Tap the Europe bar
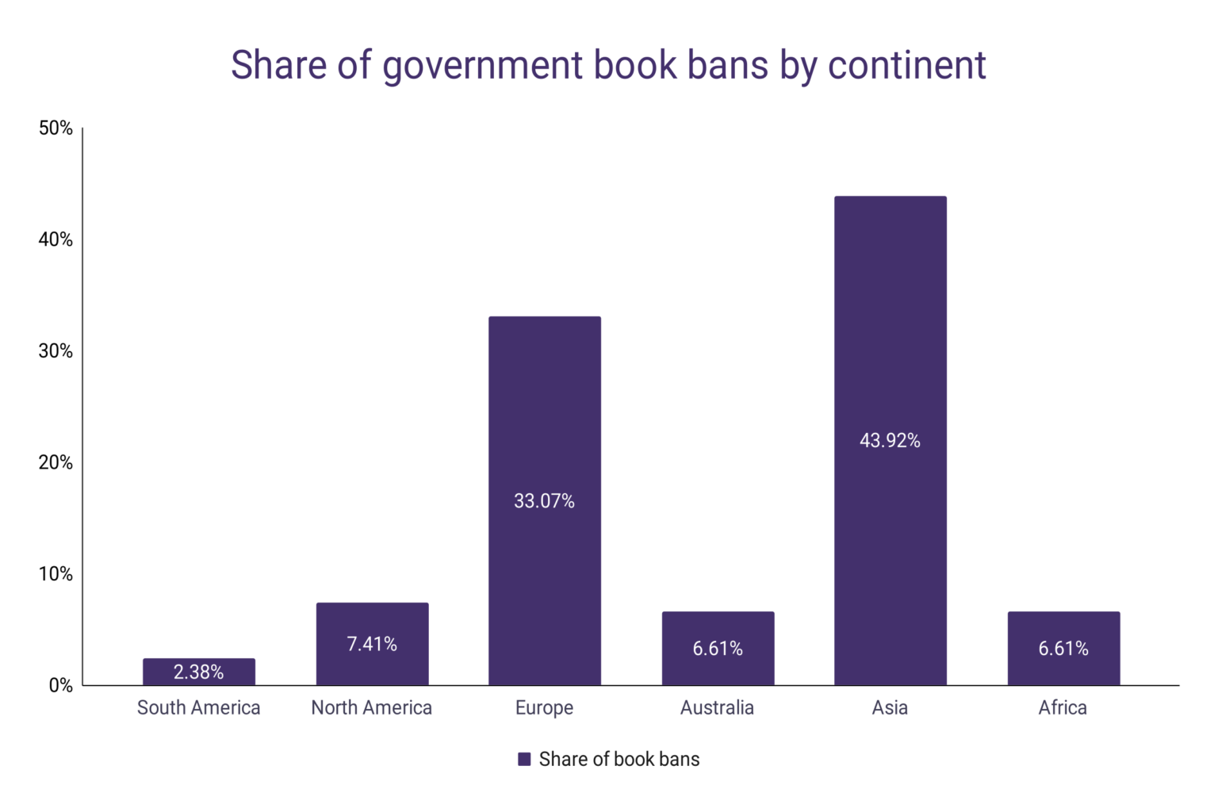(544, 412)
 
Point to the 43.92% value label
(890, 441)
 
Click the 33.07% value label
(544, 501)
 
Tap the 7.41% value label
(372, 644)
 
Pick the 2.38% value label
(198, 672)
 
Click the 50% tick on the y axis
(56, 128)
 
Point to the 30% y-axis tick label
(56, 351)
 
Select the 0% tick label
(60, 686)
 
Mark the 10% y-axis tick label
(56, 574)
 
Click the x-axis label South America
(198, 708)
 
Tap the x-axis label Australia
(717, 708)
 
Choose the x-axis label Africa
(1063, 708)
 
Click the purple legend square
(524, 760)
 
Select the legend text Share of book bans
(619, 760)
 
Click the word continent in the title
(906, 65)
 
